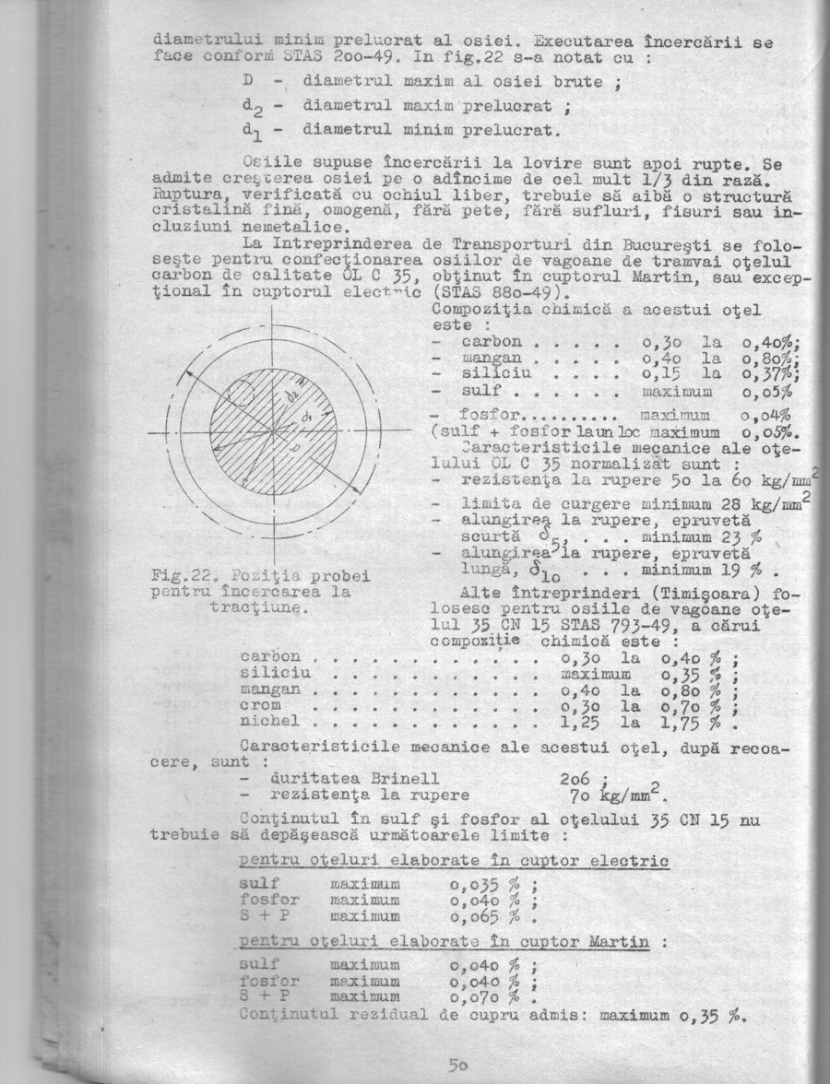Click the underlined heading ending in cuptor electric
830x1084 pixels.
pyautogui.click(x=453, y=860)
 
